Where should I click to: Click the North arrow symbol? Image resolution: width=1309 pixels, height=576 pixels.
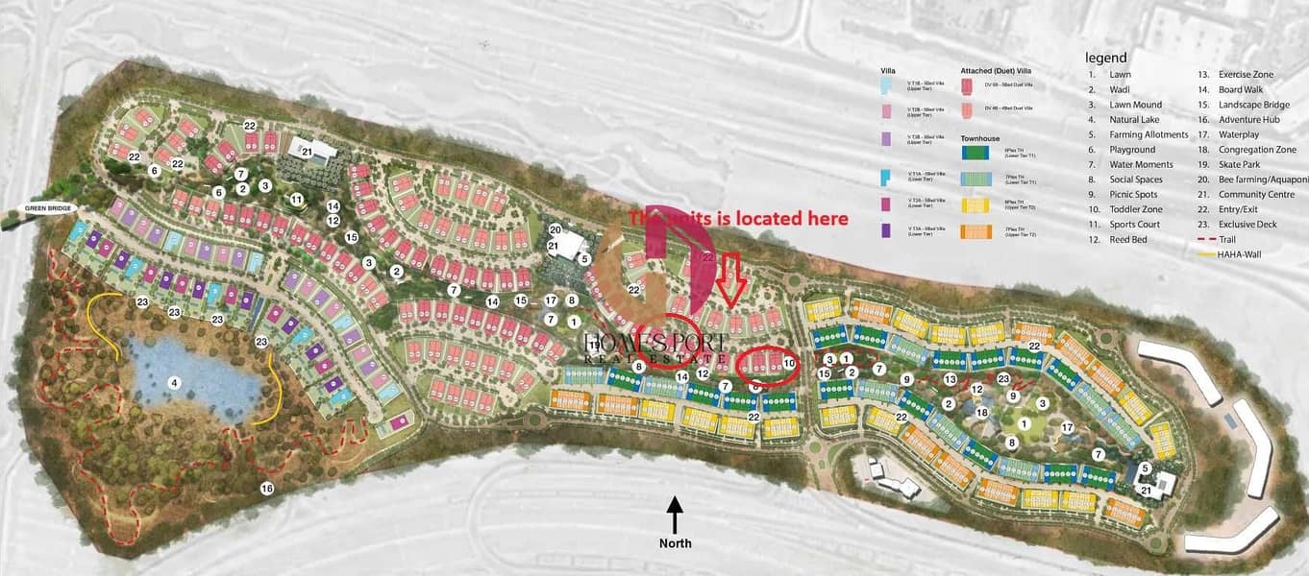(x=675, y=514)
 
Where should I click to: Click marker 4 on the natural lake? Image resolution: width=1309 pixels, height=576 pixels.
(x=174, y=383)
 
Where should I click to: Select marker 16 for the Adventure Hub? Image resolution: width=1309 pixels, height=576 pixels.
(x=266, y=489)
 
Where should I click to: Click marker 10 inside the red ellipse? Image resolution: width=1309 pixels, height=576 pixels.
(x=789, y=363)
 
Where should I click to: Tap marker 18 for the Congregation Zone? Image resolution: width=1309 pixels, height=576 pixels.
(x=981, y=413)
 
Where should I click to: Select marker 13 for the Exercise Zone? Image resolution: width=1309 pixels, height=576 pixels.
(x=950, y=379)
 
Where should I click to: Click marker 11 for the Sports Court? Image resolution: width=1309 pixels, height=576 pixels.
(x=297, y=200)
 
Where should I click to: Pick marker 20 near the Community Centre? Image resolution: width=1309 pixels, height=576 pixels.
(x=555, y=229)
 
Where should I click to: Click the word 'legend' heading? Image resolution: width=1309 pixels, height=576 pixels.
(x=1105, y=58)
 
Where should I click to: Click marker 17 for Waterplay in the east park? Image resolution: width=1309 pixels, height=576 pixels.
(x=1067, y=427)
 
